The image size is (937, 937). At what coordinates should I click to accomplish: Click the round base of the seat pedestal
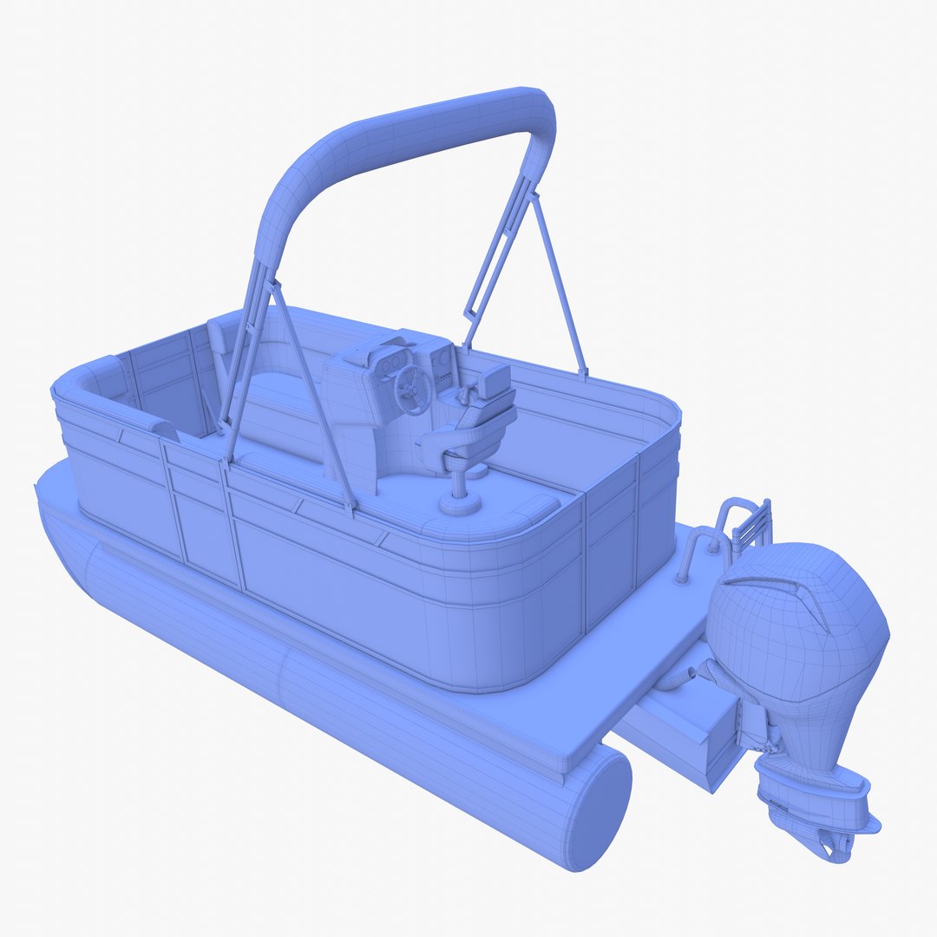(460, 503)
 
